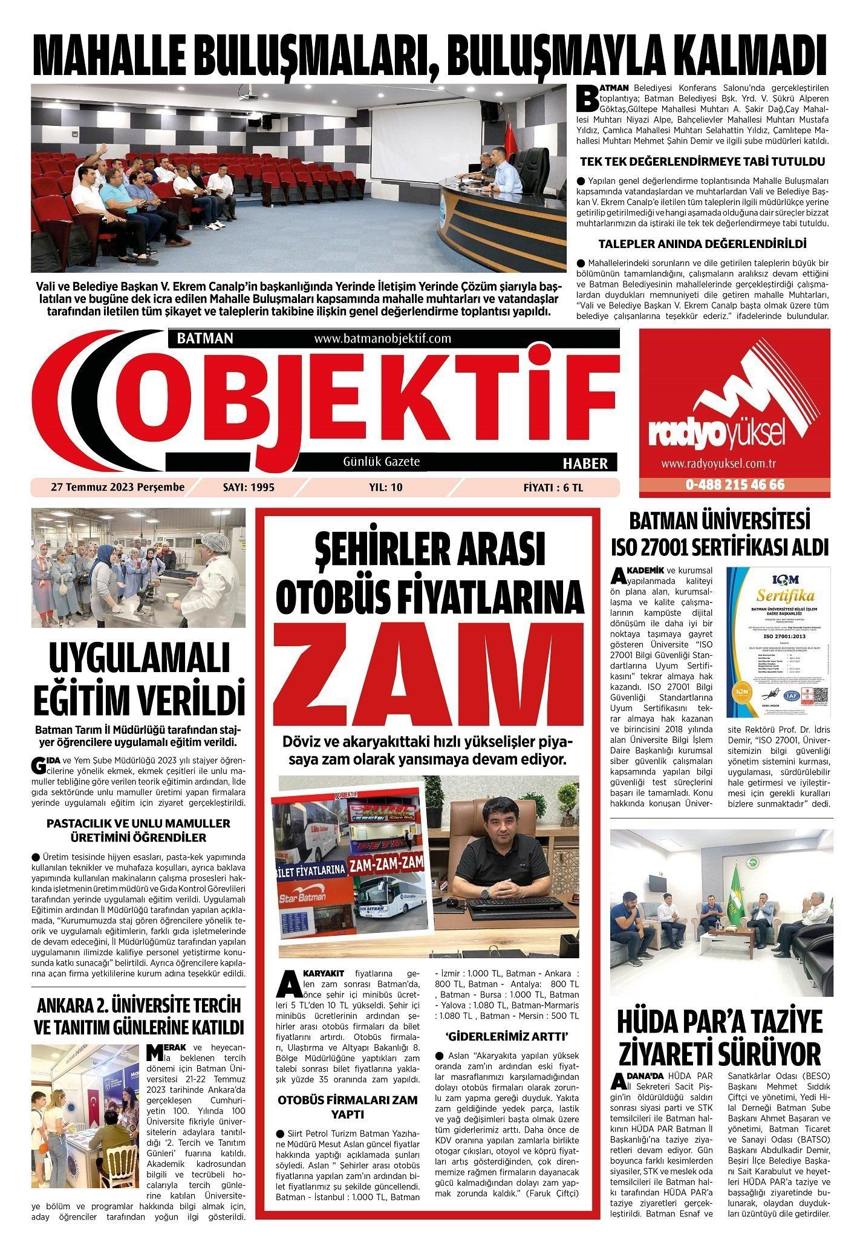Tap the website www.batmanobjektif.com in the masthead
pos(383,339)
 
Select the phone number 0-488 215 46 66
pos(734,485)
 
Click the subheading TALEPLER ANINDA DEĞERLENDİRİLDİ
pos(703,244)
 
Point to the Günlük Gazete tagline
pos(381,462)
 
